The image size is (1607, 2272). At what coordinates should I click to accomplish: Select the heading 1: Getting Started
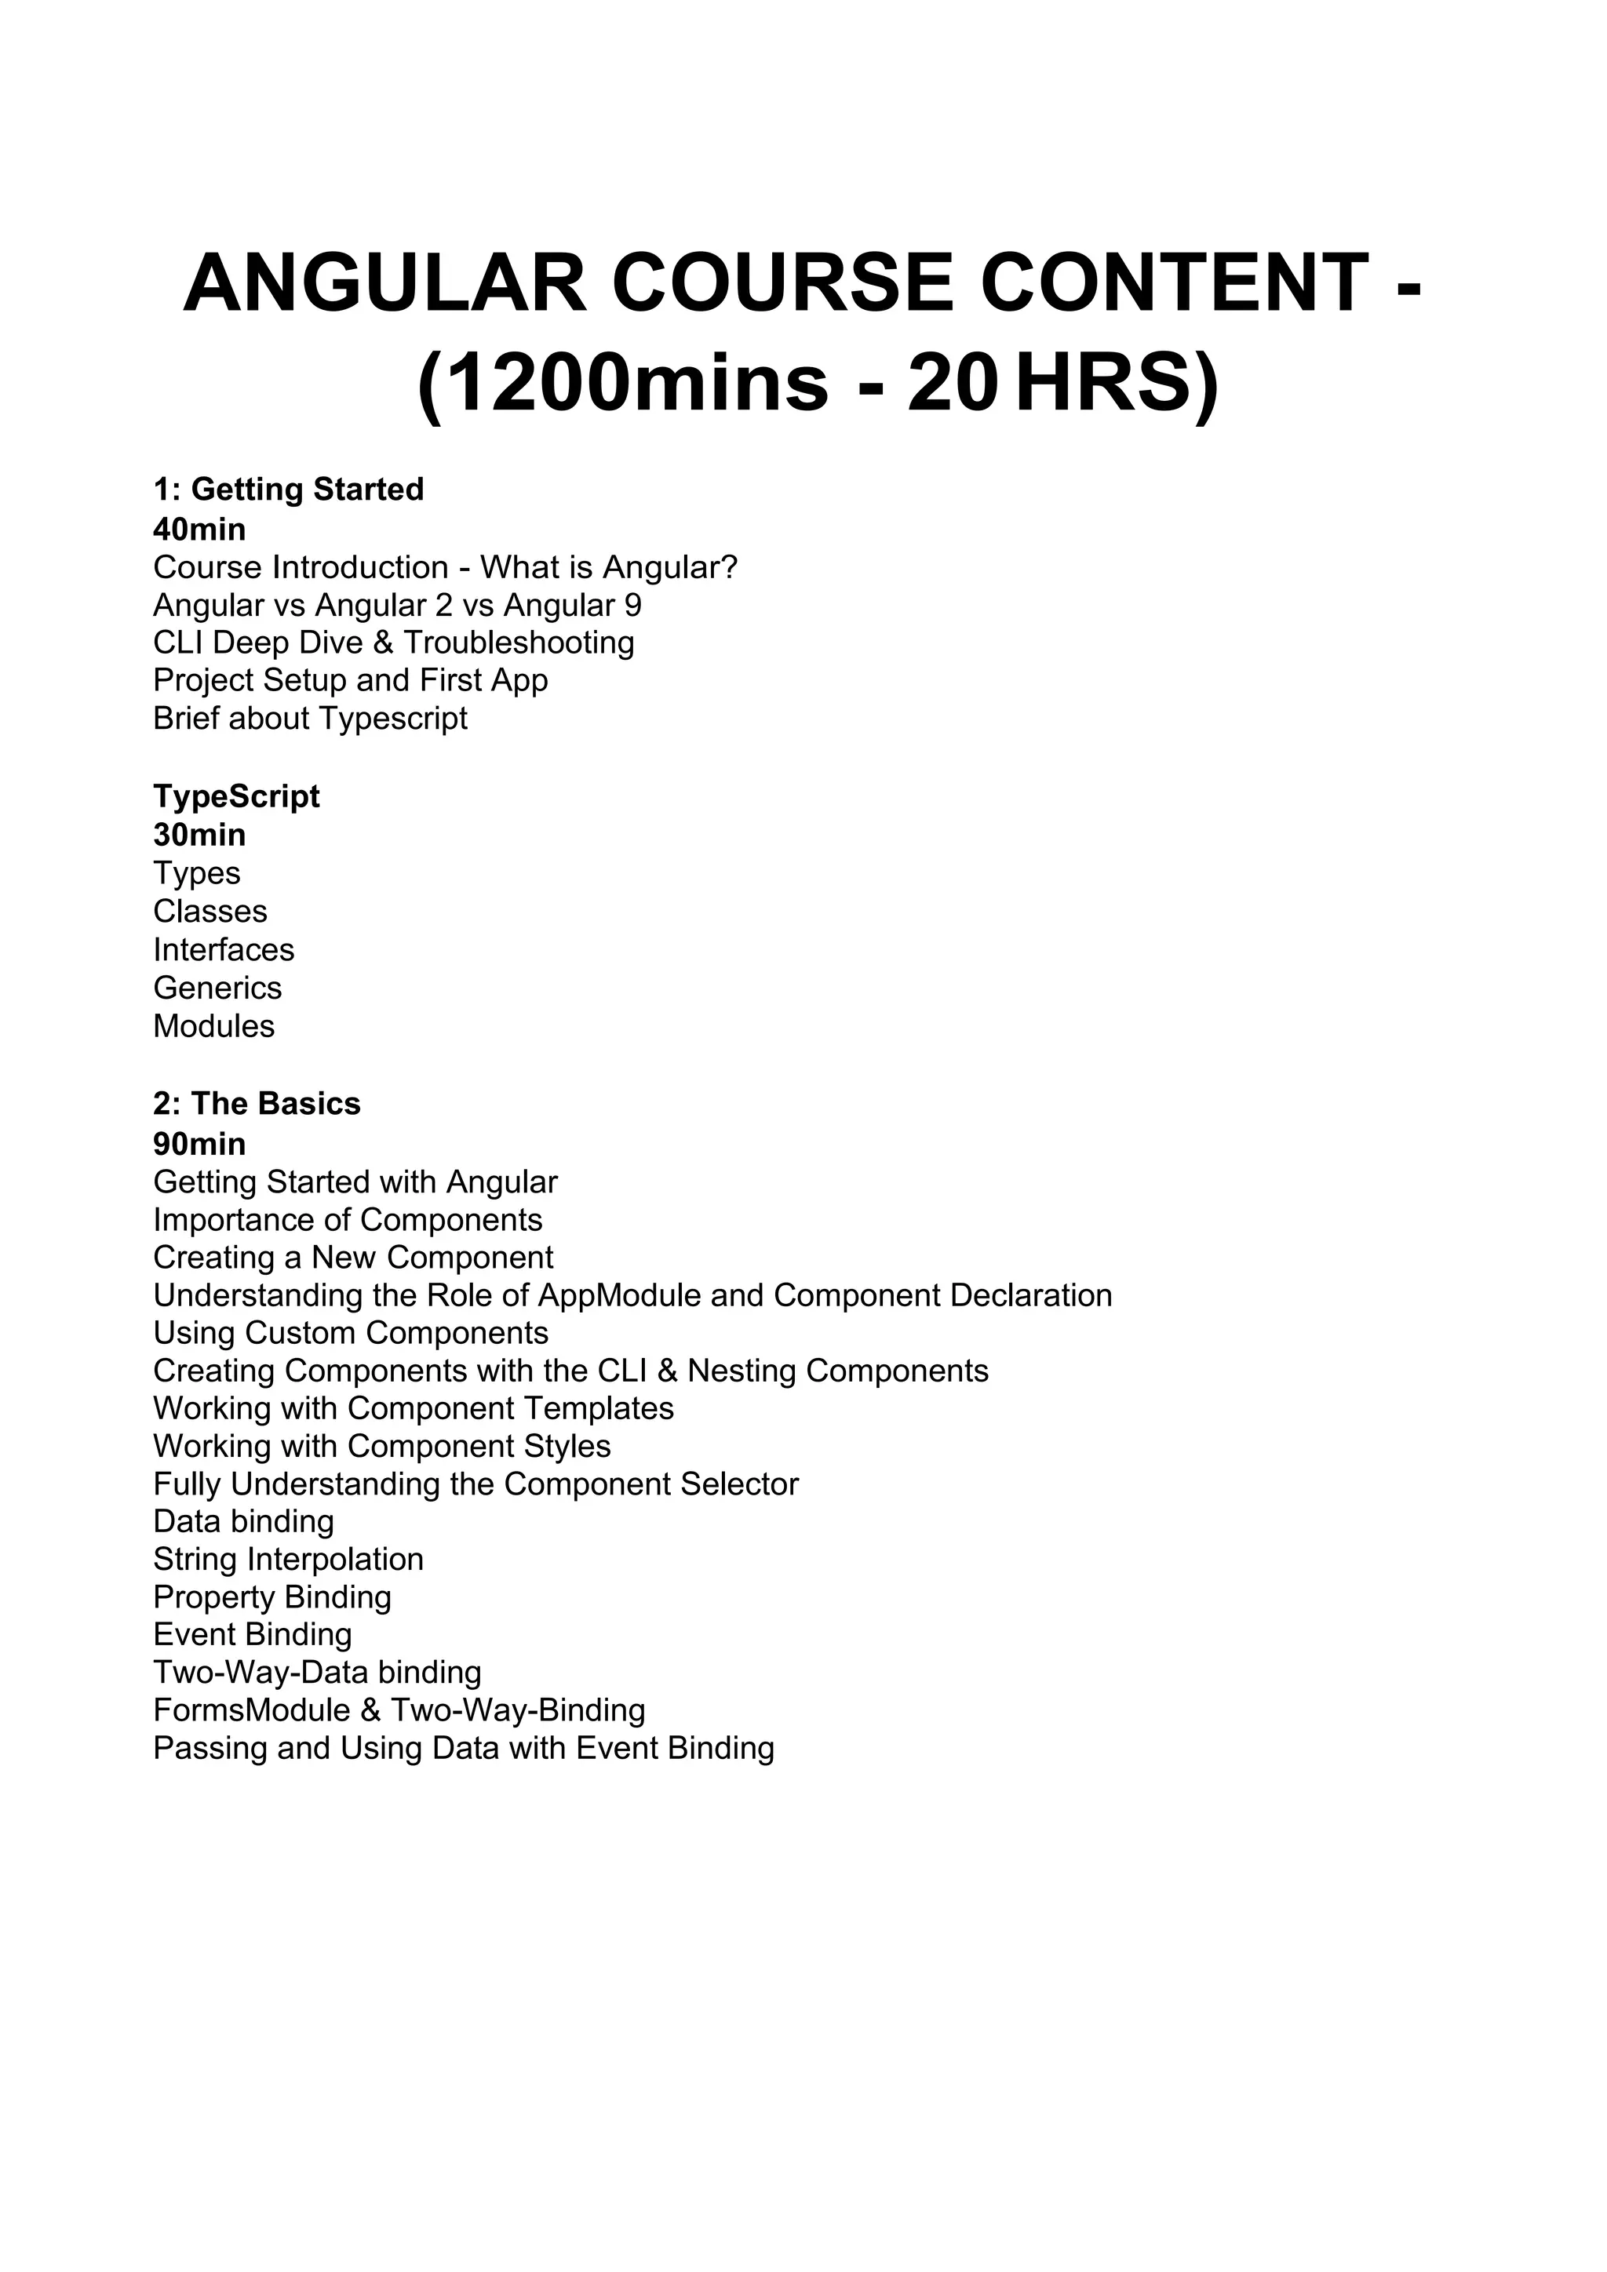(x=288, y=489)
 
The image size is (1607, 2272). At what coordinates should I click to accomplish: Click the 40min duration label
(x=199, y=530)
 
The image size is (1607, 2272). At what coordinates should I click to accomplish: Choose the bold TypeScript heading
(x=235, y=796)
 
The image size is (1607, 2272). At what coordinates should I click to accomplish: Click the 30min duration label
(x=199, y=836)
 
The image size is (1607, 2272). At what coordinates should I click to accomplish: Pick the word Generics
(x=217, y=988)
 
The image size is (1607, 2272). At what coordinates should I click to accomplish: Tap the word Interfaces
(x=224, y=950)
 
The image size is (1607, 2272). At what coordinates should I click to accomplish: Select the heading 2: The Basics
(x=257, y=1103)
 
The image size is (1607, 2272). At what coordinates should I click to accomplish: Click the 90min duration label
(x=199, y=1144)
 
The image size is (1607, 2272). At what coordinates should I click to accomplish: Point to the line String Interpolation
(x=288, y=1560)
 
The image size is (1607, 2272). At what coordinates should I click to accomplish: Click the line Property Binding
(x=272, y=1597)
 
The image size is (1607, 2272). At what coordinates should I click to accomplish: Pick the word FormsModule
(x=251, y=1710)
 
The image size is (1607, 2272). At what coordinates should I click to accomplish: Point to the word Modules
(x=213, y=1026)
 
